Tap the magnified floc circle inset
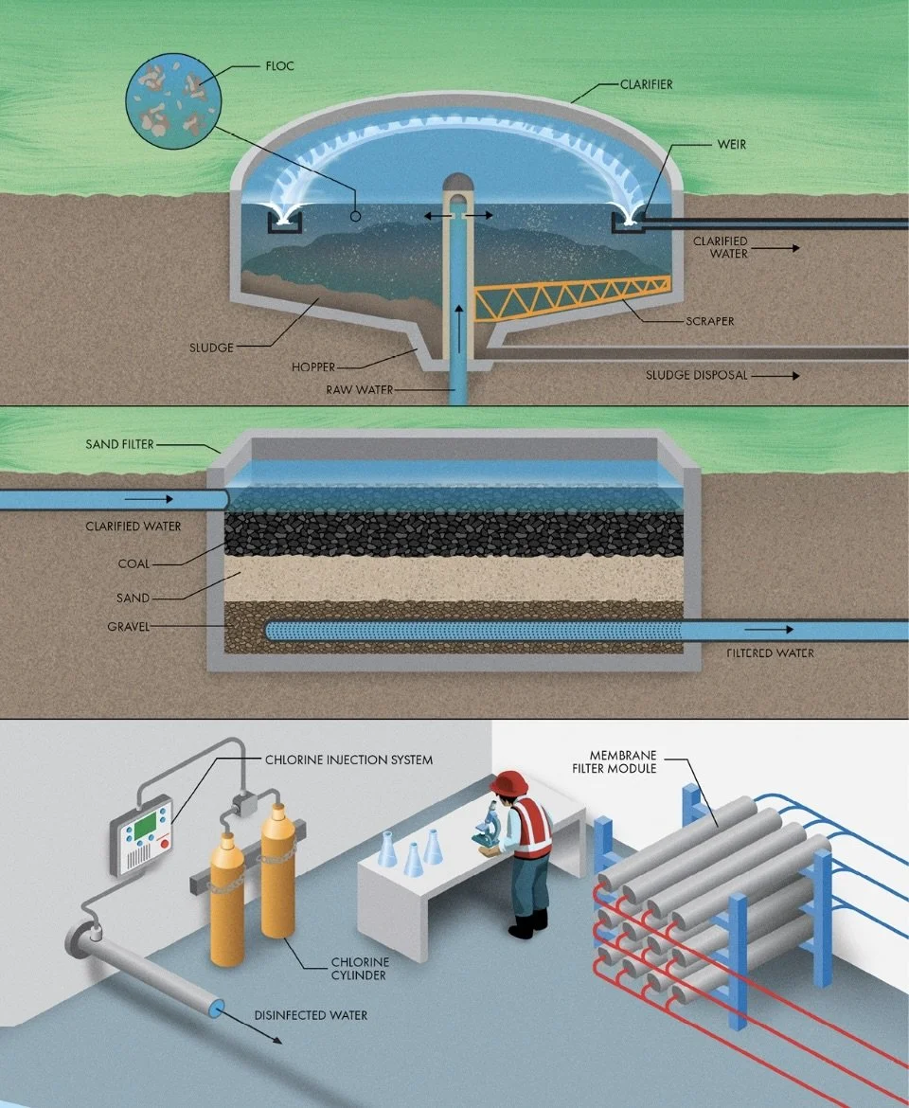174,98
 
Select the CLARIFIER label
646,84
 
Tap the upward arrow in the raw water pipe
459,322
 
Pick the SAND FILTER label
119,444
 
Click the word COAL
134,564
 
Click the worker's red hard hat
508,783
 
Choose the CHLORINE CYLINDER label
360,970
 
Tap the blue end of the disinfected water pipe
218,1010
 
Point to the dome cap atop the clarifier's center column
459,182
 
